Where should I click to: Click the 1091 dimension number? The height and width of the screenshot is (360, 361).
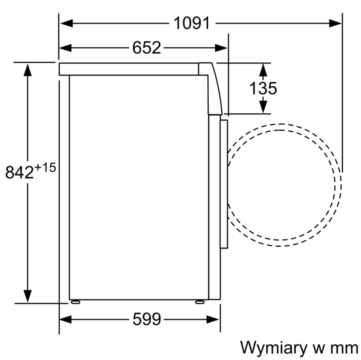191,23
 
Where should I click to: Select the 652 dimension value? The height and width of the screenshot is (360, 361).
147,48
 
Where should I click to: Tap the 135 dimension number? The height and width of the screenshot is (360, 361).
263,88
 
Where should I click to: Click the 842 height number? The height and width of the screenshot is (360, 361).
20,172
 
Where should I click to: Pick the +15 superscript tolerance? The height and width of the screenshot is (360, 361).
45,167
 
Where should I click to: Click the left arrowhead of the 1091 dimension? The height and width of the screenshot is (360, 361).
66,23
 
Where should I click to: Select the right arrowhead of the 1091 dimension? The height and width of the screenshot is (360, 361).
335,23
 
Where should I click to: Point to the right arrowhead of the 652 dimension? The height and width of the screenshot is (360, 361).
221,48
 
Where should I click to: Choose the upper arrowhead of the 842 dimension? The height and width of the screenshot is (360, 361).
28,70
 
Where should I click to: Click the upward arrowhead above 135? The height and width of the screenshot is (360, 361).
263,70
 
